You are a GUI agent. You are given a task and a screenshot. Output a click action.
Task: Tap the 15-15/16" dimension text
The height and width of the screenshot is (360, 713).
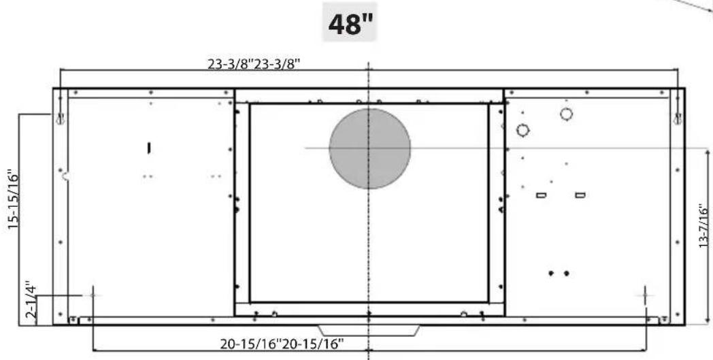(14, 199)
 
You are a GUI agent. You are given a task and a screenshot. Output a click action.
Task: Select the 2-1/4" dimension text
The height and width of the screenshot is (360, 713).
(31, 301)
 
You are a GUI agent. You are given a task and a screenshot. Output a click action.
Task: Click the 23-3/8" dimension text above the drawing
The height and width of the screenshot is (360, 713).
(254, 64)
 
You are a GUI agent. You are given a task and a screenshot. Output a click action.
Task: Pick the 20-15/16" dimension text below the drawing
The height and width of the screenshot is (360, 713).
(282, 344)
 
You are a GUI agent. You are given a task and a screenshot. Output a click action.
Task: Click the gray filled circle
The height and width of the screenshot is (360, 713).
(369, 148)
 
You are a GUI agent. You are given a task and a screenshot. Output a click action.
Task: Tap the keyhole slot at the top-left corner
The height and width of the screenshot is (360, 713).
(60, 118)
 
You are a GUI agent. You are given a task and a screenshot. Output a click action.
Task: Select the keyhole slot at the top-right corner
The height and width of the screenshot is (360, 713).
(678, 118)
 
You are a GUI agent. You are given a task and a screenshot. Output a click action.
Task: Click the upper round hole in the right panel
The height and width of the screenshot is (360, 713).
(566, 114)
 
